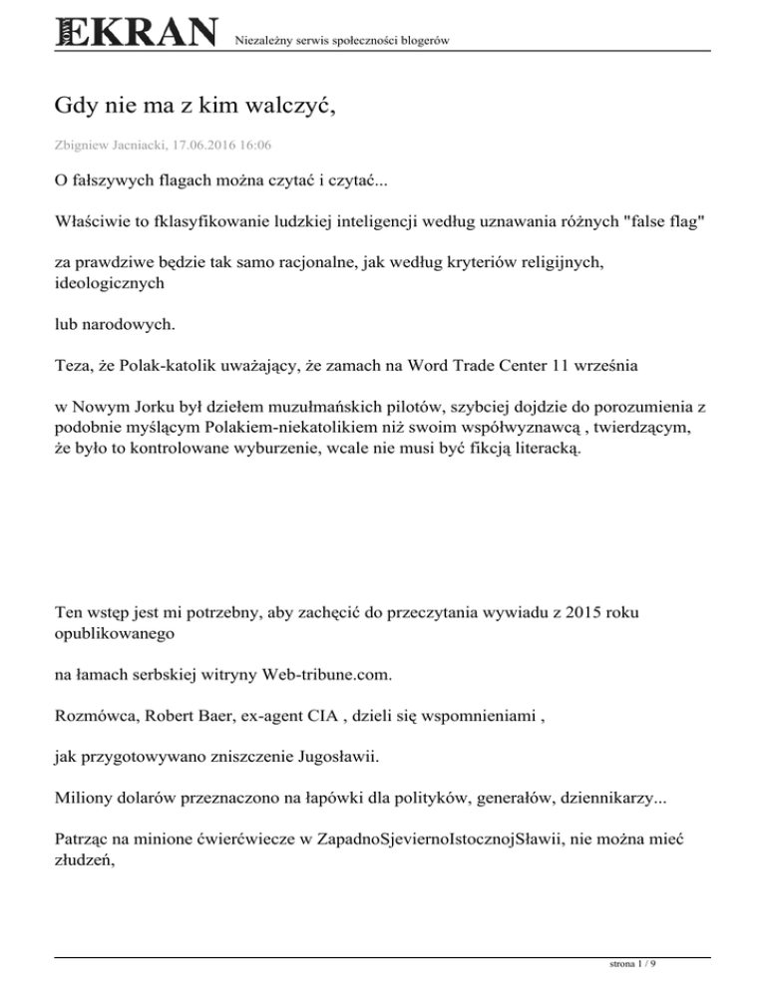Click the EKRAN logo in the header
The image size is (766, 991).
(x=136, y=33)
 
